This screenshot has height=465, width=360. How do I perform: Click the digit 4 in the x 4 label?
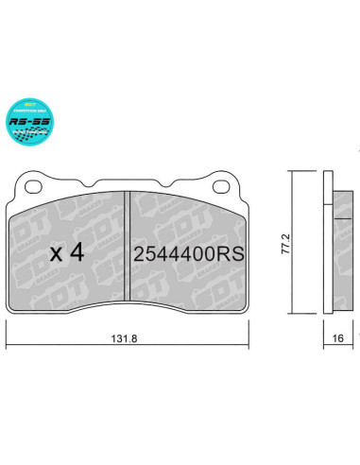82,253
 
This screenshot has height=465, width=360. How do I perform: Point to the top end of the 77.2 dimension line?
292,173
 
